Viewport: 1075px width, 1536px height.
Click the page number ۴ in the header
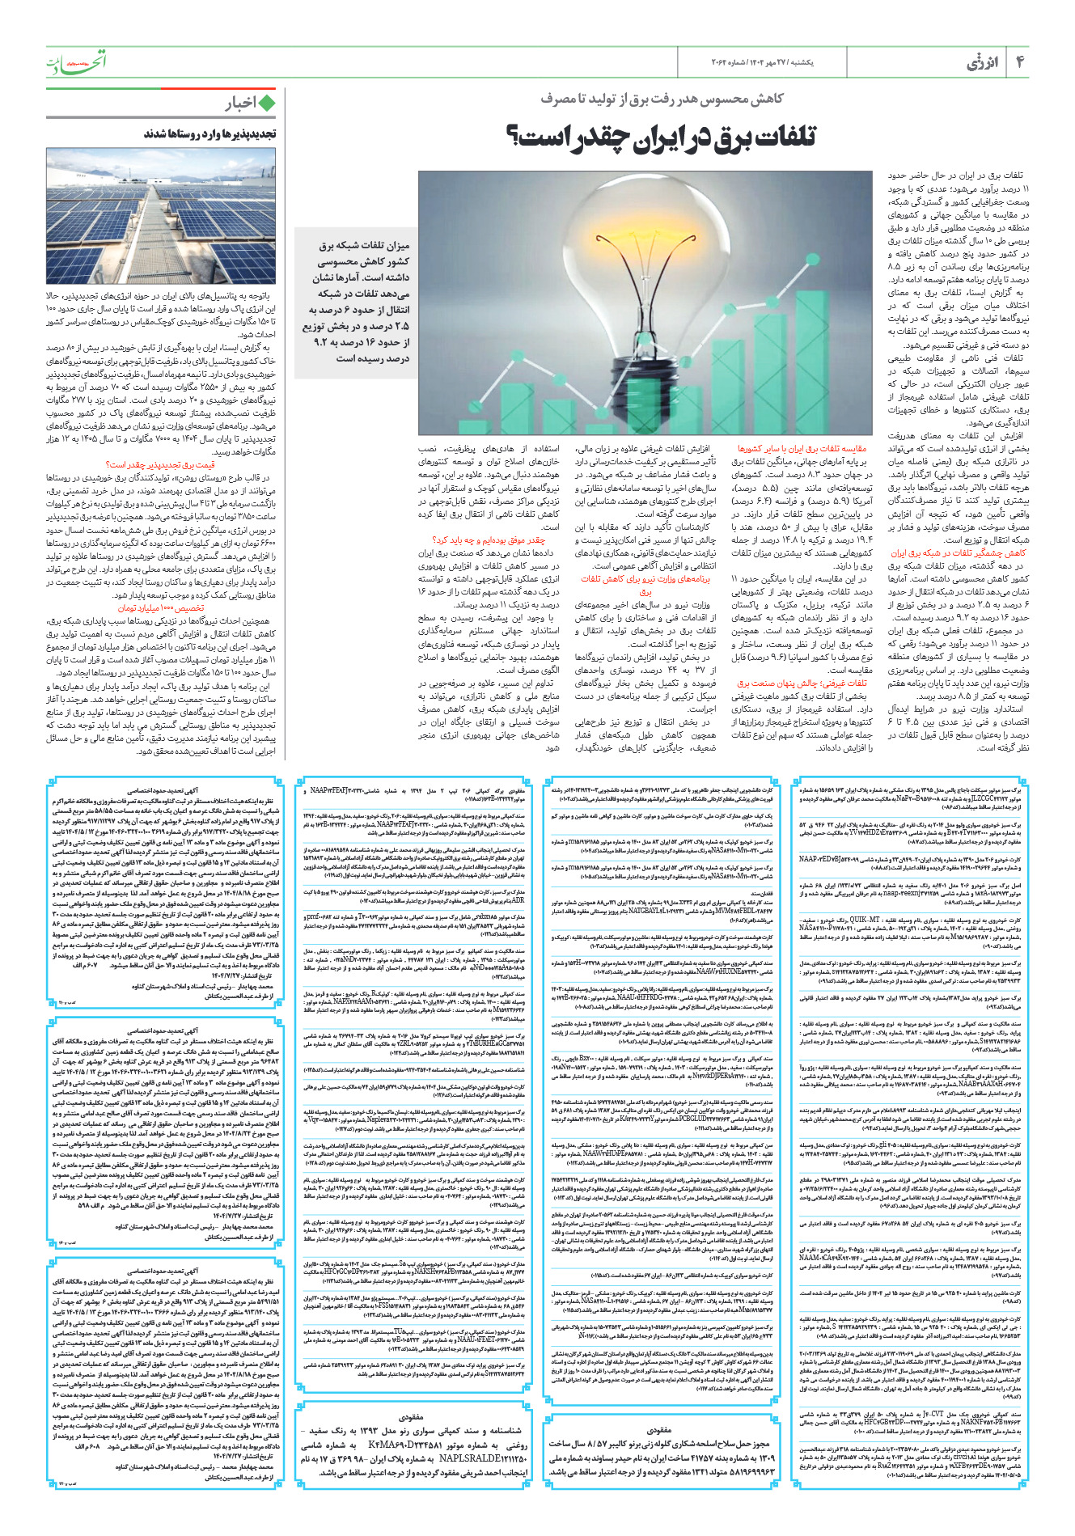1020,61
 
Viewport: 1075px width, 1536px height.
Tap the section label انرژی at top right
982,62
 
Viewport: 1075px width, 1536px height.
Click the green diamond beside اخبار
267,103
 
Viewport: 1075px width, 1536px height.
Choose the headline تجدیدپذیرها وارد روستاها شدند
209,133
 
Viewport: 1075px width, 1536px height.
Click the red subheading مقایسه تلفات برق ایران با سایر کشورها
801,447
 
